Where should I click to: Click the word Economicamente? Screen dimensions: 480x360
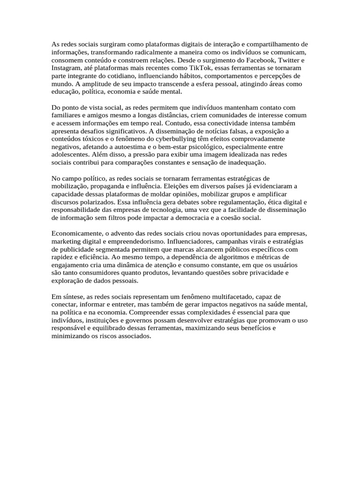tap(77, 234)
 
